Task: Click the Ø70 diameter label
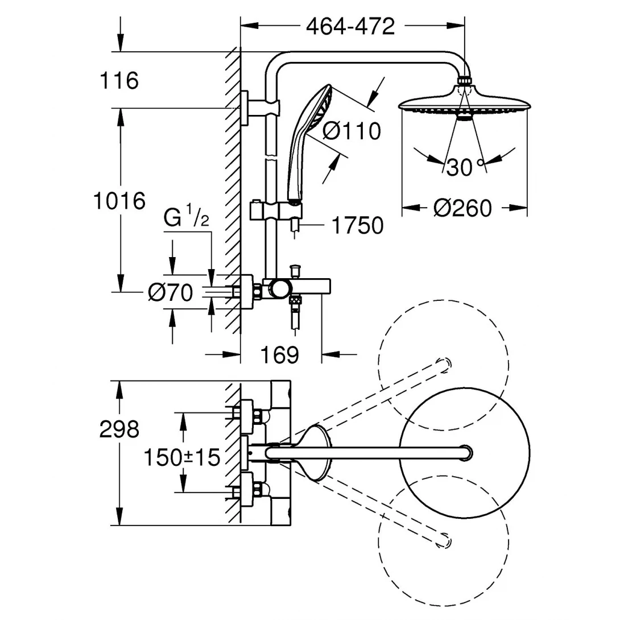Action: coord(170,293)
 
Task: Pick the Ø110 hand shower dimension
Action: coord(351,131)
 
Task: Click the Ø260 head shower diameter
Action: coord(462,208)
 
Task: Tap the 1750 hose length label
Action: coord(357,226)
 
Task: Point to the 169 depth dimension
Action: coord(279,355)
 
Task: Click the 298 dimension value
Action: coord(119,429)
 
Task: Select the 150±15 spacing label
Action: coord(181,458)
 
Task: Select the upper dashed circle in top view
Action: coord(443,365)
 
